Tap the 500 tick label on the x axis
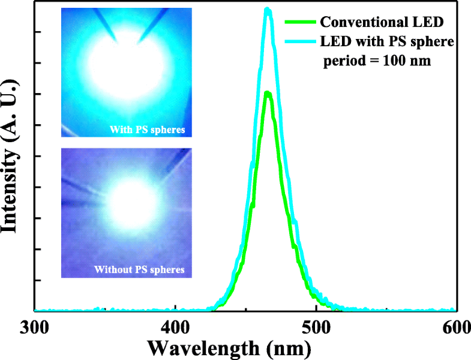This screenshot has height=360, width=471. pyautogui.click(x=316, y=328)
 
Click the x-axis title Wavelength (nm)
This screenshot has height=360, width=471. pyautogui.click(x=229, y=347)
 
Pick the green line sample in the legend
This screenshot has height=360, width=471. pyautogui.click(x=300, y=23)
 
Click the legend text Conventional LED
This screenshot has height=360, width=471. pyautogui.click(x=382, y=23)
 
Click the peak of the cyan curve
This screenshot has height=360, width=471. pyautogui.click(x=268, y=10)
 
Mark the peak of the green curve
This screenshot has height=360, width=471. pyautogui.click(x=268, y=93)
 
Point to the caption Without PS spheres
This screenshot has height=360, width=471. pyautogui.click(x=139, y=269)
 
